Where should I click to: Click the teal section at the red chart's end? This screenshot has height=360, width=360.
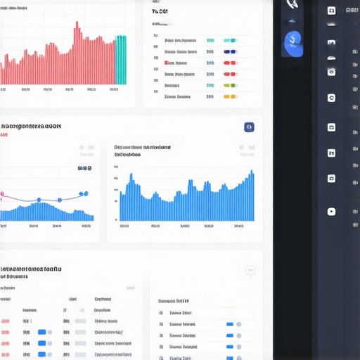[121, 60]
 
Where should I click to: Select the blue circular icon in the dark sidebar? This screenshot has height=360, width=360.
[292, 44]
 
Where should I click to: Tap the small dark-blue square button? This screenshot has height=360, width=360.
[248, 127]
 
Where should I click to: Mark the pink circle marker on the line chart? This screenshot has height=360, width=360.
[2, 195]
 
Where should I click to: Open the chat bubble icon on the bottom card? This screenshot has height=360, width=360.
[250, 271]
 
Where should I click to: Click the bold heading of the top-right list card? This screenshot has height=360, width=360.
[160, 12]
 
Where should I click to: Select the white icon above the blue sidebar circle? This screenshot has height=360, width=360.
[292, 6]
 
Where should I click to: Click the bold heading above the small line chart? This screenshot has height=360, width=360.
[31, 127]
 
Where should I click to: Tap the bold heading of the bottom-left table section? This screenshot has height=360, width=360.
[31, 269]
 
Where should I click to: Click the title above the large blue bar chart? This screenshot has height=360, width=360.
[143, 148]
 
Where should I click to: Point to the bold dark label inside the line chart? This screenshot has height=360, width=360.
[84, 169]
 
